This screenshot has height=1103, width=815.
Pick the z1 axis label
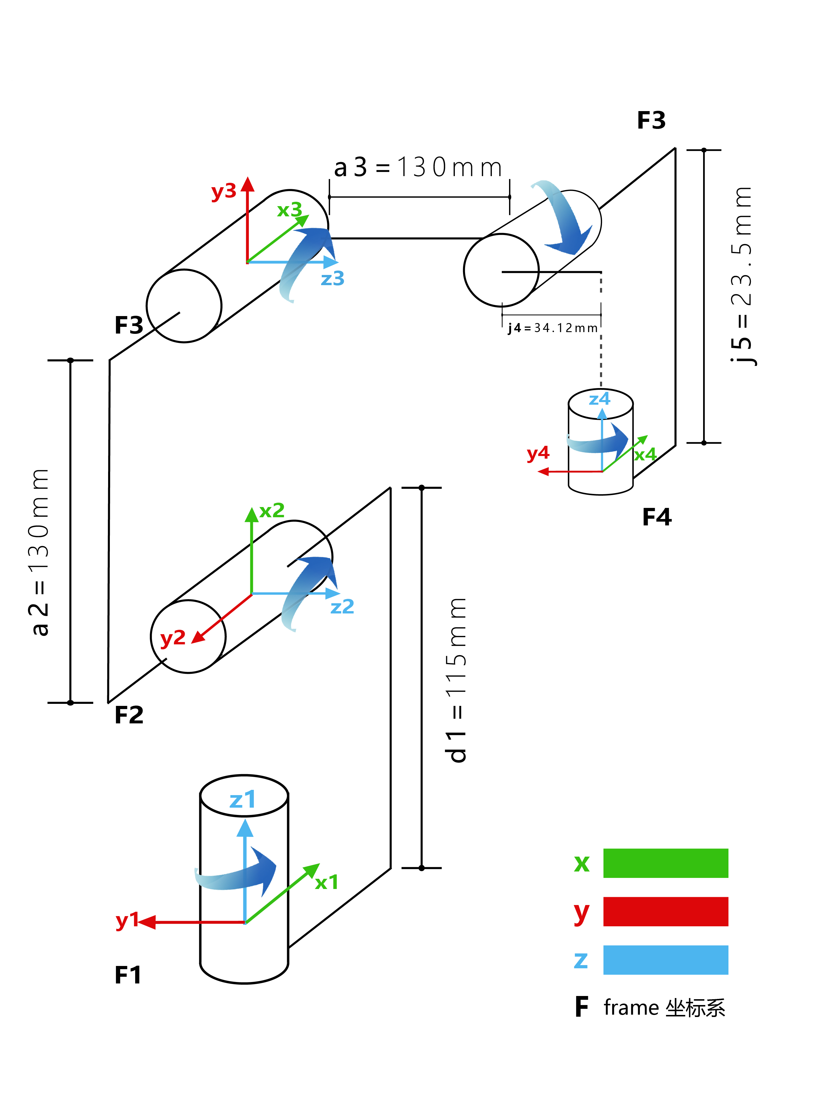point(243,800)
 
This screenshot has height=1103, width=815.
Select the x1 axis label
point(327,882)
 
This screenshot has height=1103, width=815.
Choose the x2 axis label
point(272,510)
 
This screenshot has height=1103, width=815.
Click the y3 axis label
point(223,191)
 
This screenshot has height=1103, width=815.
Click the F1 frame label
point(128,976)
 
